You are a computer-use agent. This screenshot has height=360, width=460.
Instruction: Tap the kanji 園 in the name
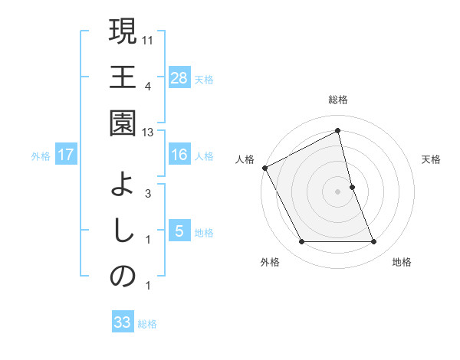point(123,123)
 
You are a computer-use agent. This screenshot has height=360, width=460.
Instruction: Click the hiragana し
point(123,231)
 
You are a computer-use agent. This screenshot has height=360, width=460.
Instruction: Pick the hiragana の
point(123,277)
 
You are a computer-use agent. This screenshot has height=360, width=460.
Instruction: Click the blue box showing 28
point(179,77)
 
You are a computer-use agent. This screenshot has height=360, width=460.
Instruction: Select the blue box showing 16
point(179,155)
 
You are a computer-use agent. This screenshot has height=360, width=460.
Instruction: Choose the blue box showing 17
point(66,155)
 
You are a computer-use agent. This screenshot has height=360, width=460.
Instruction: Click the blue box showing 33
point(123,322)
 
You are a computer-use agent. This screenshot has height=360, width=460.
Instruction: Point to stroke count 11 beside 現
point(148,38)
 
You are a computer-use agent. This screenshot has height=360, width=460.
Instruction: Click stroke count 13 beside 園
point(148,133)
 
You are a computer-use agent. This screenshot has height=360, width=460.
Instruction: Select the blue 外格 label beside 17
point(41,155)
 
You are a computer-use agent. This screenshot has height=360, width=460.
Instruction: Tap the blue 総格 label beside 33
point(147,323)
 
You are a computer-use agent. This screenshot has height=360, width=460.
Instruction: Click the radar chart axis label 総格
point(337,100)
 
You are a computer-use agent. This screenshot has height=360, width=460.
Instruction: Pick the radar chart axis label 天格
point(432,159)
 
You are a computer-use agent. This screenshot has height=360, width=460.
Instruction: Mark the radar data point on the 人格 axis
point(264,168)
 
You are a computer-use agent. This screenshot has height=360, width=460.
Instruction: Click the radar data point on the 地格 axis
point(374,242)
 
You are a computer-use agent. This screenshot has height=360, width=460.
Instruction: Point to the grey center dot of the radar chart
point(337,191)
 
